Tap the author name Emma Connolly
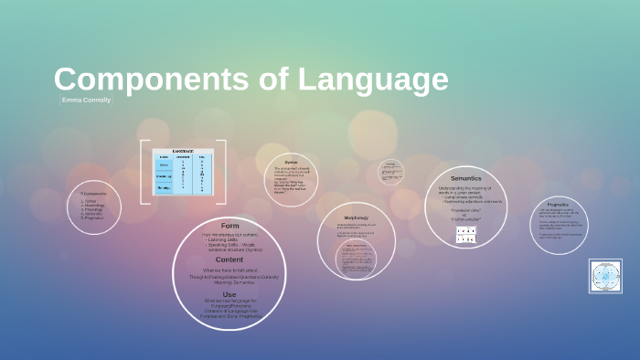(85, 99)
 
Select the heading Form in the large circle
(229, 225)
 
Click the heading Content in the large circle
(229, 259)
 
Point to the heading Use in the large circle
(229, 293)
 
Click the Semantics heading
(465, 177)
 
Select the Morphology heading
(356, 217)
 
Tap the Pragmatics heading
(557, 204)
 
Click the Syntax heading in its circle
(291, 162)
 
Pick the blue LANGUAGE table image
(183, 172)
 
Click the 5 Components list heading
(93, 194)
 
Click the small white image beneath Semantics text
(465, 235)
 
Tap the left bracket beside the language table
(144, 172)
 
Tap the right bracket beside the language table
(222, 172)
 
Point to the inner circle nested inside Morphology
(356, 258)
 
